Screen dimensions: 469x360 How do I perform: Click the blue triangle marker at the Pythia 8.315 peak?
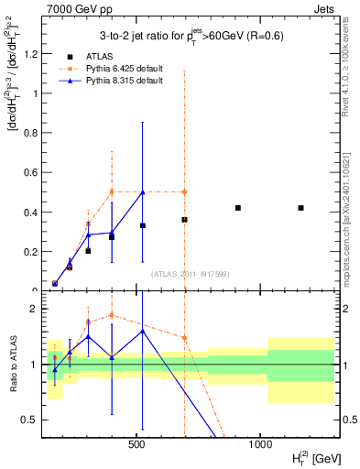(142, 192)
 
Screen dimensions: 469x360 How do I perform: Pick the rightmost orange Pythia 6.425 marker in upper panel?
(184, 191)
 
